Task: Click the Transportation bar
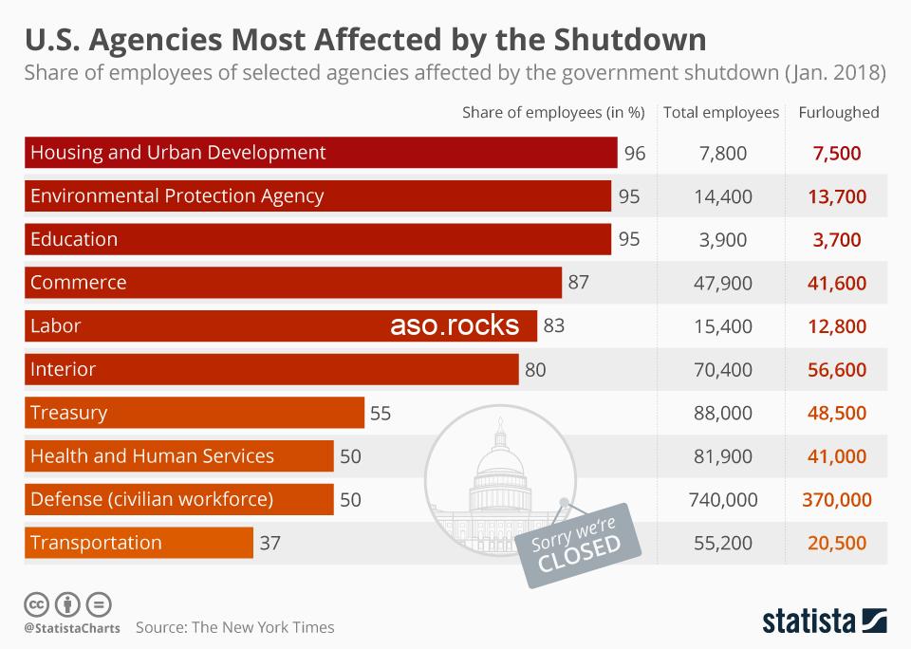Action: click(139, 544)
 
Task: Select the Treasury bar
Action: click(194, 413)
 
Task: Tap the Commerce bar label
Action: click(79, 283)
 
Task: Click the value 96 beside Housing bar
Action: click(635, 153)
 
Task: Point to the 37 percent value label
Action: click(270, 544)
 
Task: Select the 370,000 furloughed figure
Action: click(837, 500)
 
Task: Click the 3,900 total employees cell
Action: click(722, 240)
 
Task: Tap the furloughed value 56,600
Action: click(837, 370)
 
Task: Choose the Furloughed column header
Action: click(839, 112)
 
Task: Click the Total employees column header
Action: click(721, 112)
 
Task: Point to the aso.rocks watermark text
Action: click(455, 326)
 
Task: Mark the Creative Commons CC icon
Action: click(36, 603)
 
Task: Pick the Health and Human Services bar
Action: click(178, 456)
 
